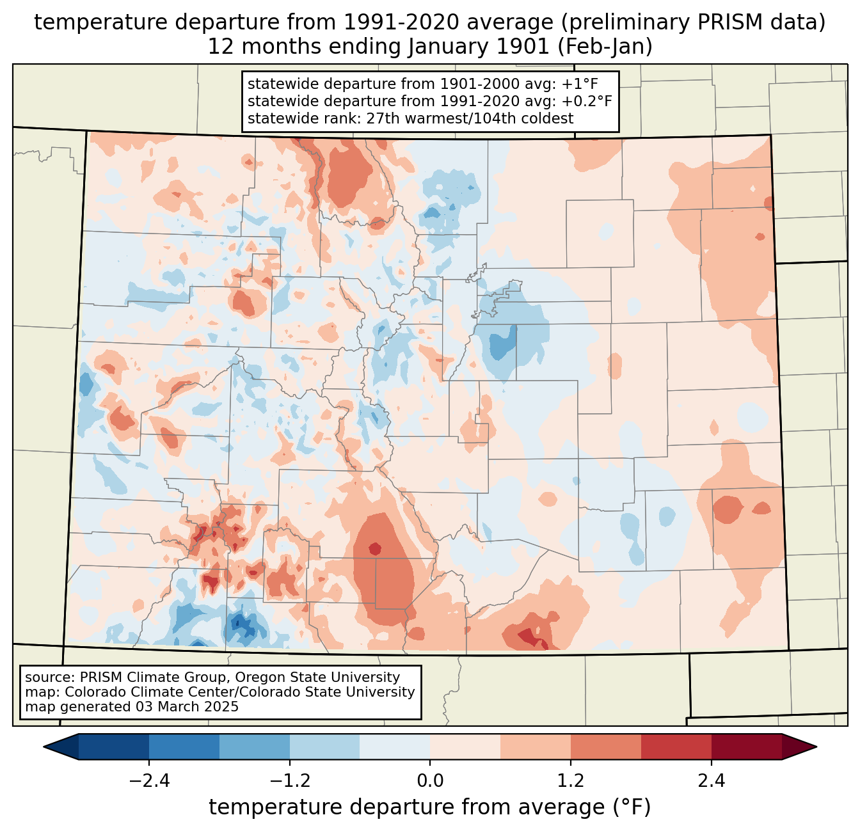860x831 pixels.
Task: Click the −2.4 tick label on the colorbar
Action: [149, 781]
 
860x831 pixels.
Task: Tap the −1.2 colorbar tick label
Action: [289, 781]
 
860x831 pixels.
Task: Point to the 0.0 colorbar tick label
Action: [430, 781]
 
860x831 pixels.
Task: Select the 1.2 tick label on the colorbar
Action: [571, 781]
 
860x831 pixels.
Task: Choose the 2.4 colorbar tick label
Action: [711, 781]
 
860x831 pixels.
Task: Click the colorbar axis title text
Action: [429, 807]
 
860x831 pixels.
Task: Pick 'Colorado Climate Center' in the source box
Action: [138, 692]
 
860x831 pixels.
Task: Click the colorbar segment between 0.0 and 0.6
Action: [465, 747]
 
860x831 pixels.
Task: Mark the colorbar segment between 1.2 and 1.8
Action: [605, 747]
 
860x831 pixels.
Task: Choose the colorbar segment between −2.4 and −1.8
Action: [184, 747]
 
